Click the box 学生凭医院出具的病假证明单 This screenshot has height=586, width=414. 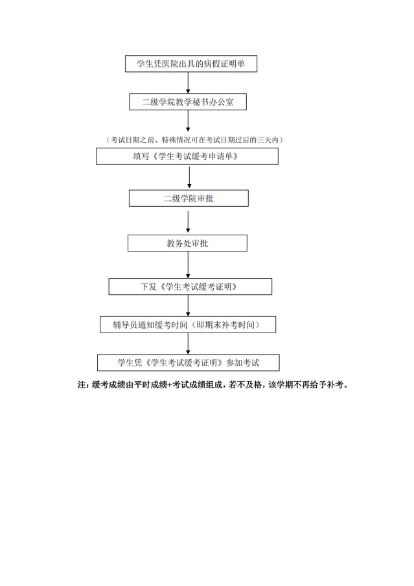[x=191, y=64]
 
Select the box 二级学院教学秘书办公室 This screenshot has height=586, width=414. [x=188, y=102]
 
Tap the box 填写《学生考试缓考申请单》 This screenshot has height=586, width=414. [x=187, y=156]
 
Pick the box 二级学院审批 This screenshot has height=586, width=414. [x=189, y=198]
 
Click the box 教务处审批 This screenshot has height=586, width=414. [x=188, y=243]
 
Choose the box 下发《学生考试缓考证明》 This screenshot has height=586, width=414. [x=190, y=287]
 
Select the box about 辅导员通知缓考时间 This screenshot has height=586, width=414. [x=188, y=325]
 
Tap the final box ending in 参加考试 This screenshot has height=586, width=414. [x=189, y=363]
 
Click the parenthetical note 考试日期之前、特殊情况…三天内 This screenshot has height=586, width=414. [x=194, y=140]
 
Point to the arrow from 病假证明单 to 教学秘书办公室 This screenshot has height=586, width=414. [x=188, y=82]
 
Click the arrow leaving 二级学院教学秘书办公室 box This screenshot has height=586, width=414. [x=188, y=121]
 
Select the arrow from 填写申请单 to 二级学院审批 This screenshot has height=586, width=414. [x=189, y=177]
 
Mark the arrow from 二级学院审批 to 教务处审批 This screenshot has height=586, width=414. [x=188, y=222]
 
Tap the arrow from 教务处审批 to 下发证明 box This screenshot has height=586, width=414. [x=188, y=265]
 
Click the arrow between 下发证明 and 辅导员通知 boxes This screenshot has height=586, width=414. [x=188, y=306]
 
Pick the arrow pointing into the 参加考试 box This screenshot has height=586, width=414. [x=188, y=344]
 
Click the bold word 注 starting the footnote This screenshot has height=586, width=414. [x=82, y=385]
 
